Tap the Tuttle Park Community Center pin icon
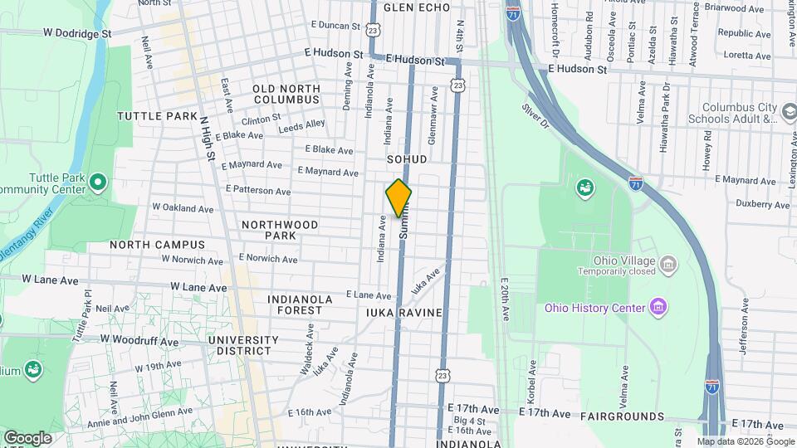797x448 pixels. pos(98,181)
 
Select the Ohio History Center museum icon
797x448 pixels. pos(658,308)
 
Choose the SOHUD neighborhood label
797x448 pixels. pos(407,158)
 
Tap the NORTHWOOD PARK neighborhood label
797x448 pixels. pos(280,230)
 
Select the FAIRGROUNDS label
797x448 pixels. pos(622,415)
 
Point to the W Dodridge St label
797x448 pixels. pos(77,34)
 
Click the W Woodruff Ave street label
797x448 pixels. pos(139,340)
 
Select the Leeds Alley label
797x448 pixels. pos(301,124)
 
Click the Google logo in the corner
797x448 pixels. pos(27,437)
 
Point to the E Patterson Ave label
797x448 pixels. pos(258,190)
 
